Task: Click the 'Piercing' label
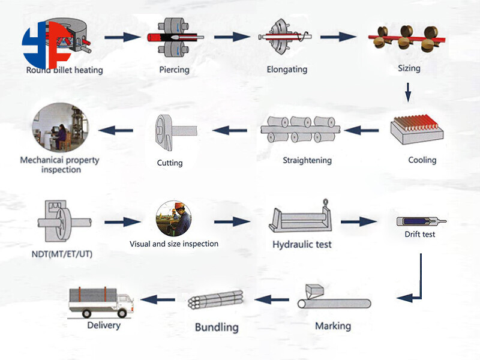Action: [x=174, y=70]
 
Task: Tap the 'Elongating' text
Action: [x=286, y=70]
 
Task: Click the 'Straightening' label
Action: [x=307, y=160]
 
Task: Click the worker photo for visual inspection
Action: [x=173, y=218]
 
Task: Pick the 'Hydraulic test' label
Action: [x=302, y=244]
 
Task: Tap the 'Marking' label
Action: [x=333, y=326]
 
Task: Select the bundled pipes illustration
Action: [x=215, y=300]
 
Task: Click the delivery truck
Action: [x=101, y=302]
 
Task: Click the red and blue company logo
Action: [x=46, y=44]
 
